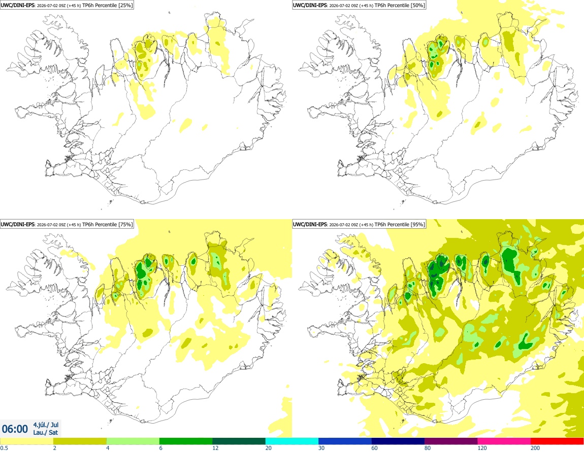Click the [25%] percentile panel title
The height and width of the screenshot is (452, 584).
pos(67,5)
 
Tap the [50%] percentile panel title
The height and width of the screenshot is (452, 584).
pos(359,5)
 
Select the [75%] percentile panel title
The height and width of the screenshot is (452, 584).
pos(67,224)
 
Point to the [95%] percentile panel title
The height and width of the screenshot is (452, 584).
pos(359,224)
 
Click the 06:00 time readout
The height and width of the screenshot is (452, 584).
pos(15,429)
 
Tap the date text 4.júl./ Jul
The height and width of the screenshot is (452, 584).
pos(46,425)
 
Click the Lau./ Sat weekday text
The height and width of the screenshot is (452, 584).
pos(45,432)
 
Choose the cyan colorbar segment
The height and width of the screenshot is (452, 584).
pos(292,441)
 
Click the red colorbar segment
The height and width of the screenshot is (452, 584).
pos(557,441)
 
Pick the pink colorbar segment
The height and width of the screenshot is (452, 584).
pos(504,441)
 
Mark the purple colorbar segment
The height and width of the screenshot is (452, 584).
pos(451,441)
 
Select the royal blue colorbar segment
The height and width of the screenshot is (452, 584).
pos(345,441)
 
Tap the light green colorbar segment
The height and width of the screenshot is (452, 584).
pos(133,441)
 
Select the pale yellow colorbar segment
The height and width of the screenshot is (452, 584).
pos(27,441)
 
